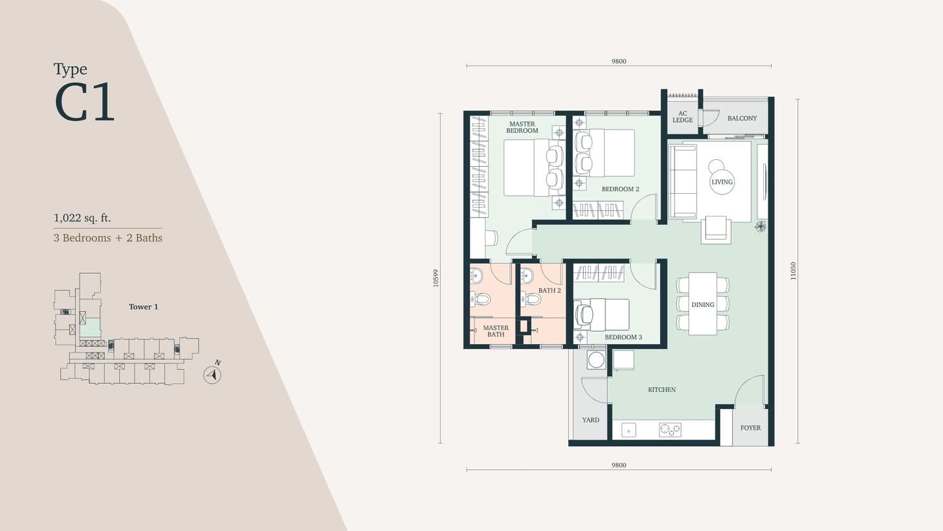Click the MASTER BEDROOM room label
click(522, 127)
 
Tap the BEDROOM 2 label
click(620, 189)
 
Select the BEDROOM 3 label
click(623, 337)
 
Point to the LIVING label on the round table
click(722, 182)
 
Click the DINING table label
click(703, 305)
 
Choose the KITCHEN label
click(662, 390)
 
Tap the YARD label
click(591, 420)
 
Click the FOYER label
click(750, 428)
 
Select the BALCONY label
click(742, 118)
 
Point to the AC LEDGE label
click(682, 117)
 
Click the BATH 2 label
click(549, 291)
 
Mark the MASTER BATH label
click(496, 331)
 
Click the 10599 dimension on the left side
click(436, 278)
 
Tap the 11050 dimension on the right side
click(793, 271)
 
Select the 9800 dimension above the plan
click(619, 61)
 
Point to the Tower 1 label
click(143, 307)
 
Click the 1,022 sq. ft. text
click(82, 218)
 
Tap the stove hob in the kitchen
click(670, 430)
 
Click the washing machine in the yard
click(596, 360)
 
